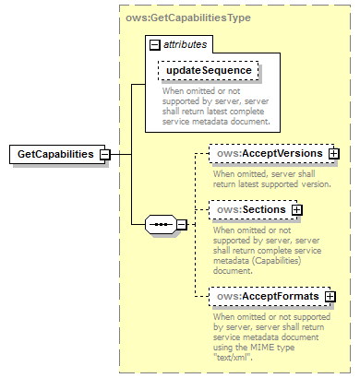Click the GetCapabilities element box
click(x=54, y=154)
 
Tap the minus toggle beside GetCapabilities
click(x=105, y=154)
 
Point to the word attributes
click(x=186, y=43)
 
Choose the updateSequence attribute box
click(x=208, y=71)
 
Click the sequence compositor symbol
click(x=161, y=224)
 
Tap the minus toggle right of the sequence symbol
click(x=181, y=224)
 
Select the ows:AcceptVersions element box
click(x=265, y=153)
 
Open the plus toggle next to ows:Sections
click(x=296, y=210)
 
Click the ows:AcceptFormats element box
click(x=264, y=296)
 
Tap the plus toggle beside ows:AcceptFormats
click(x=330, y=297)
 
